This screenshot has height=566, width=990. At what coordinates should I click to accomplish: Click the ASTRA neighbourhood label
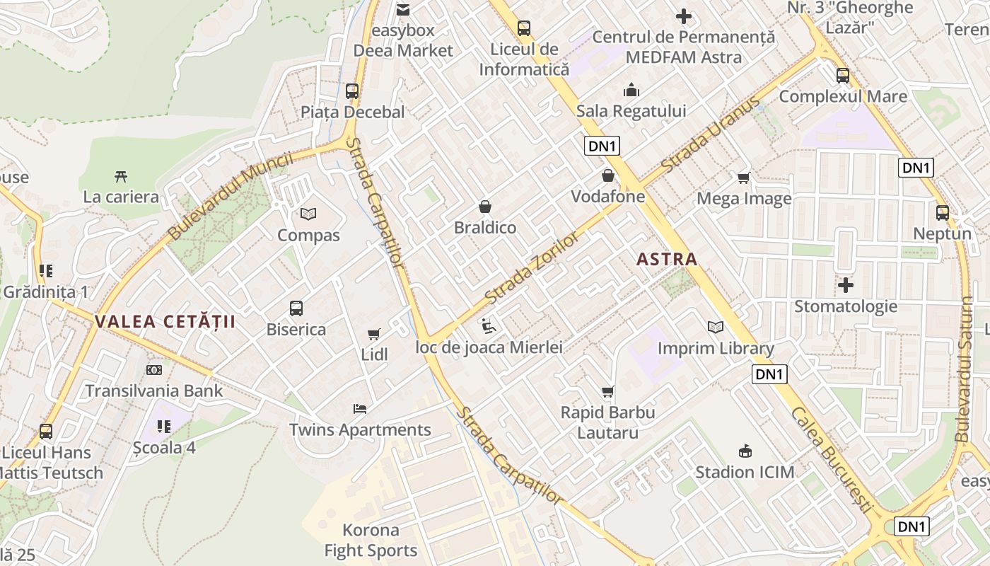tap(667, 259)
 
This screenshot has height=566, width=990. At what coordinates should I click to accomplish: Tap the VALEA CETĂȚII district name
tap(165, 322)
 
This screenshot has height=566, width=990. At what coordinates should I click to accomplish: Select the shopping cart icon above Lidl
tap(374, 334)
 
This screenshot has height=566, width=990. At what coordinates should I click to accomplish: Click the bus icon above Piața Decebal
tap(351, 91)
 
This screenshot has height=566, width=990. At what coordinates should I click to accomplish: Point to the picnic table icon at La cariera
tap(121, 176)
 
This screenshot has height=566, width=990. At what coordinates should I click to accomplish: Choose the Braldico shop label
tap(485, 228)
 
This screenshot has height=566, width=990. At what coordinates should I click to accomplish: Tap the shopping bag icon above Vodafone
tap(607, 175)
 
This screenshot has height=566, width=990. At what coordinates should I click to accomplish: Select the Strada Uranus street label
tap(711, 134)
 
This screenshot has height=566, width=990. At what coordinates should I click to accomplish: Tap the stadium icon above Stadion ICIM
tap(745, 451)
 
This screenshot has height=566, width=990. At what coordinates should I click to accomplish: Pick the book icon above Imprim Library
tap(716, 327)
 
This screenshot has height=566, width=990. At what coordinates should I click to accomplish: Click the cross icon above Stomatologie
tap(845, 285)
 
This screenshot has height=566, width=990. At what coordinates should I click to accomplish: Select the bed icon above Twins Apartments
tap(360, 409)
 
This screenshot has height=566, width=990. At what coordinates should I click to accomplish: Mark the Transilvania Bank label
tap(154, 391)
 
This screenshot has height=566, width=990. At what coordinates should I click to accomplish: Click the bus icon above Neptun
tap(942, 213)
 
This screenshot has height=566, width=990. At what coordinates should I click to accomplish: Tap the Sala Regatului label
tap(631, 111)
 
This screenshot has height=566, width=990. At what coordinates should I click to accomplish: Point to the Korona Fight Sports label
tap(371, 540)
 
